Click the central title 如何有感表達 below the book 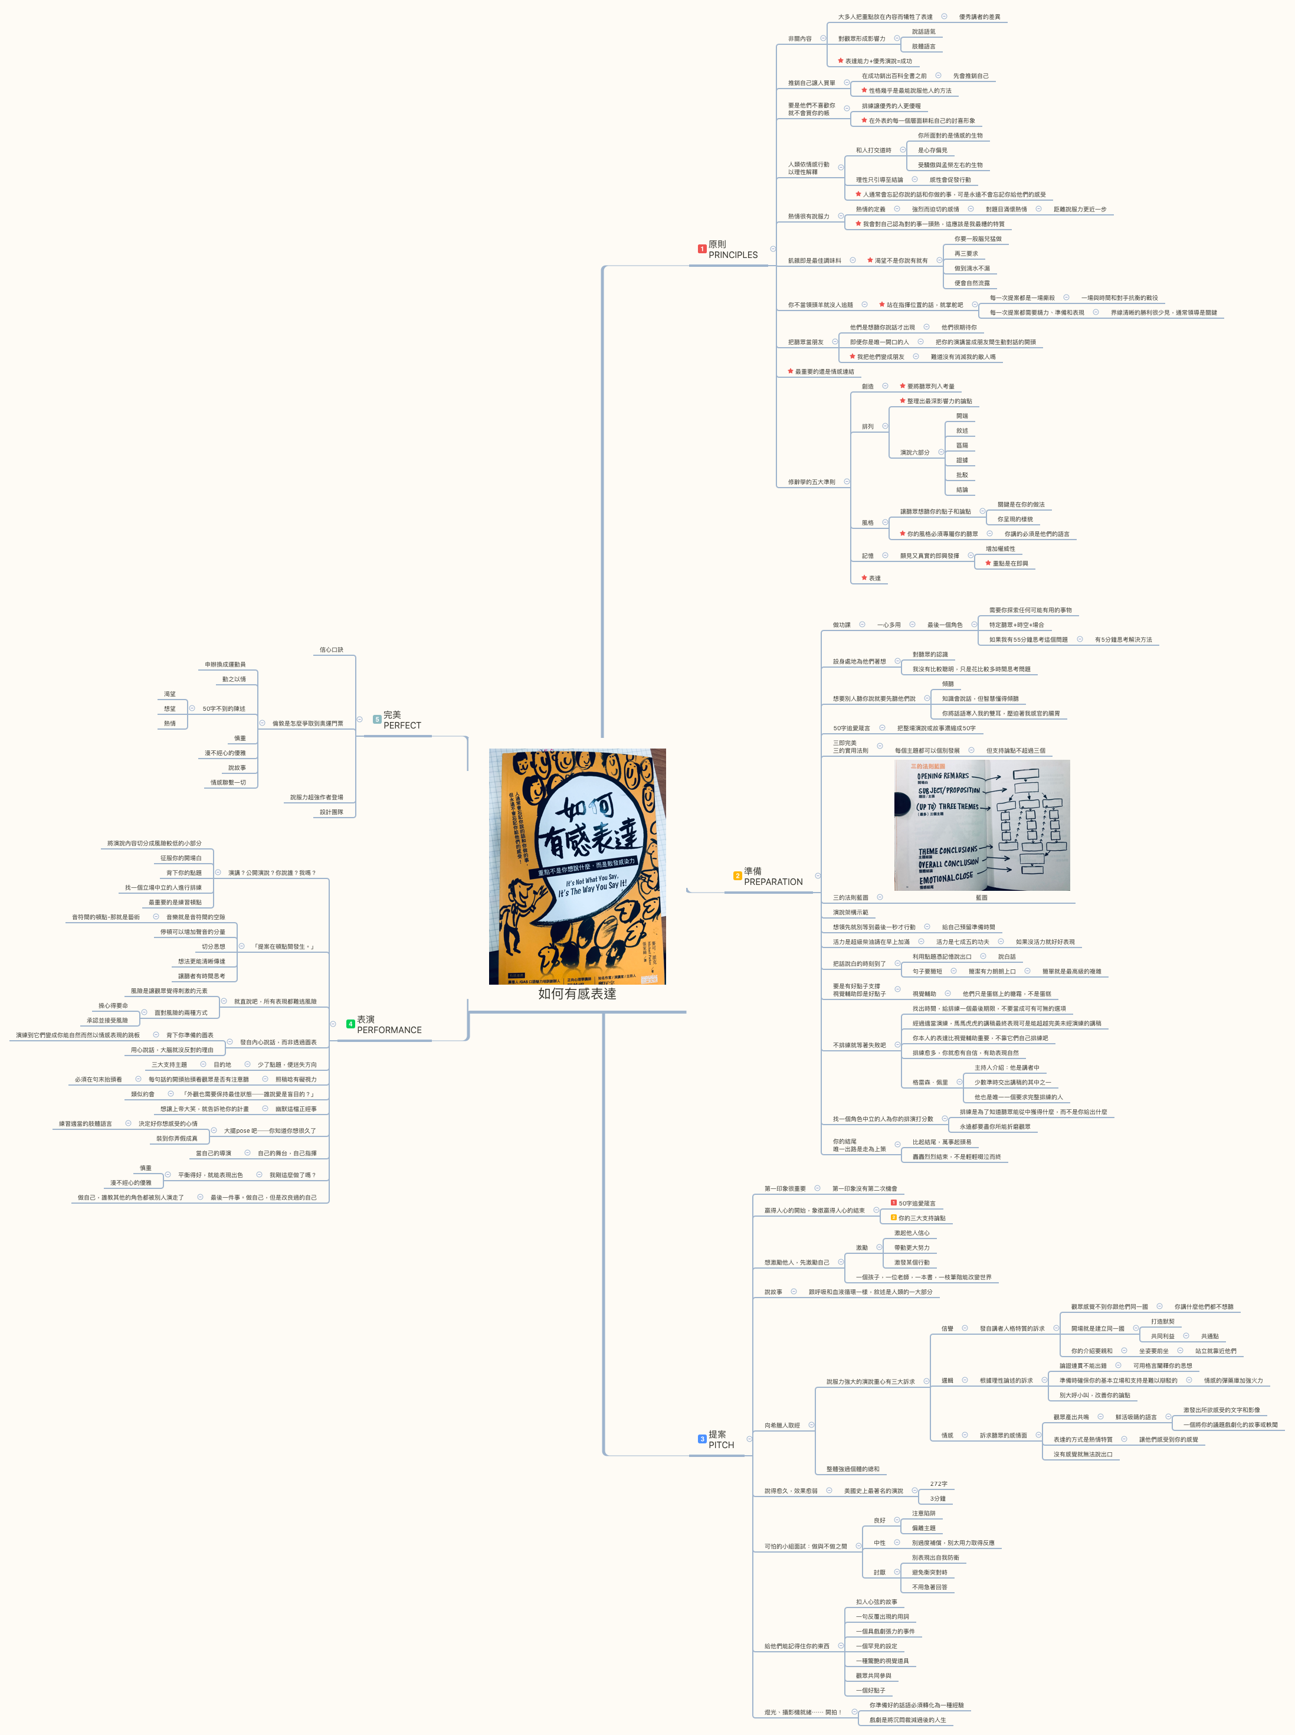577,994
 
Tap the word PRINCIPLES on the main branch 733,255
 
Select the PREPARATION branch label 773,881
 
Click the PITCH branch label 721,1445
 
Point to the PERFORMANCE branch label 389,1030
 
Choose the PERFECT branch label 402,726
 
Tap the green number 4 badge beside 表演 350,1024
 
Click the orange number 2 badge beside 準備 737,876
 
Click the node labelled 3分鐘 937,1499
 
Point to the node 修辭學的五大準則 811,482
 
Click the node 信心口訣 331,650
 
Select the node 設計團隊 331,812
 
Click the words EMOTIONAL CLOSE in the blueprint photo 946,878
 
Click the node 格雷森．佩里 930,1083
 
